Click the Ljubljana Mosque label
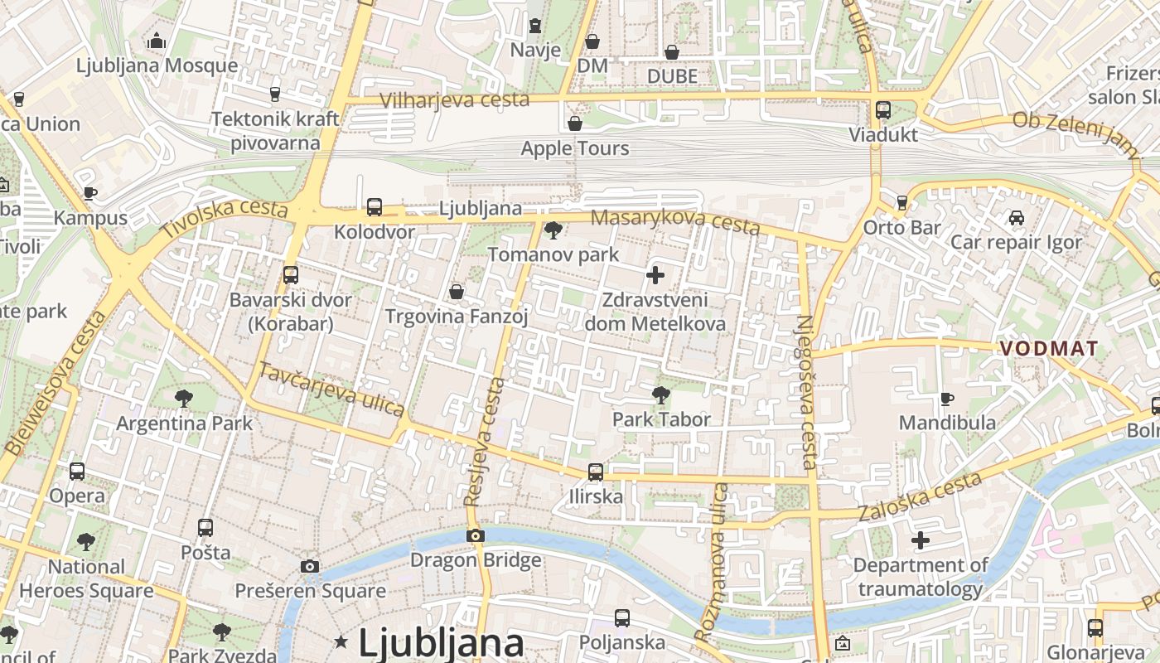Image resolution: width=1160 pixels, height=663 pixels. pyautogui.click(x=157, y=65)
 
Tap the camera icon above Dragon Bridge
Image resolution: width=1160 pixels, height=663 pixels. pyautogui.click(x=475, y=536)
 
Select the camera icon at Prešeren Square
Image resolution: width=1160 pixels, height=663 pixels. pyautogui.click(x=310, y=567)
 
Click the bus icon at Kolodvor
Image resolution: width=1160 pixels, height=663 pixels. pyautogui.click(x=375, y=207)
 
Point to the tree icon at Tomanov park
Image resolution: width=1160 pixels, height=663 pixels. pyautogui.click(x=553, y=230)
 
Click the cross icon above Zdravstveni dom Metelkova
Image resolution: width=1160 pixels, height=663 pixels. pyautogui.click(x=655, y=275)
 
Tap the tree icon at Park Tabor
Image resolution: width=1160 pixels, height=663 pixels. pyautogui.click(x=661, y=395)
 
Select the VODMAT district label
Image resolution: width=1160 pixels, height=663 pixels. pyautogui.click(x=1049, y=349)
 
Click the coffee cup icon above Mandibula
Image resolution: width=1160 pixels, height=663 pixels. pyautogui.click(x=947, y=399)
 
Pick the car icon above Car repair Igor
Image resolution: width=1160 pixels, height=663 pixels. pyautogui.click(x=1016, y=218)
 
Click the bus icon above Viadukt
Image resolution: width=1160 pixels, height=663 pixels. pyautogui.click(x=883, y=110)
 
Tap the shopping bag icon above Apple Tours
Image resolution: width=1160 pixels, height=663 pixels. pyautogui.click(x=575, y=124)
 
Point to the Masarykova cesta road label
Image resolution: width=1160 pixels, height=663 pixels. pyautogui.click(x=674, y=221)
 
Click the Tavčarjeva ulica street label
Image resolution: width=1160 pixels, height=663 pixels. pyautogui.click(x=331, y=390)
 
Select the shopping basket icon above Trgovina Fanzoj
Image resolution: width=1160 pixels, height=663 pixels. pyautogui.click(x=457, y=292)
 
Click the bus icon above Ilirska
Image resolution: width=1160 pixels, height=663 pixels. pyautogui.click(x=596, y=473)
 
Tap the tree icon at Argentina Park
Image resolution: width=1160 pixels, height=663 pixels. pyautogui.click(x=184, y=399)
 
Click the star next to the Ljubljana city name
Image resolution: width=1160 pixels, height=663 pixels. pyautogui.click(x=341, y=641)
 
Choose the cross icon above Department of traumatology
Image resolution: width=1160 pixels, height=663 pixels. pyautogui.click(x=921, y=541)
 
